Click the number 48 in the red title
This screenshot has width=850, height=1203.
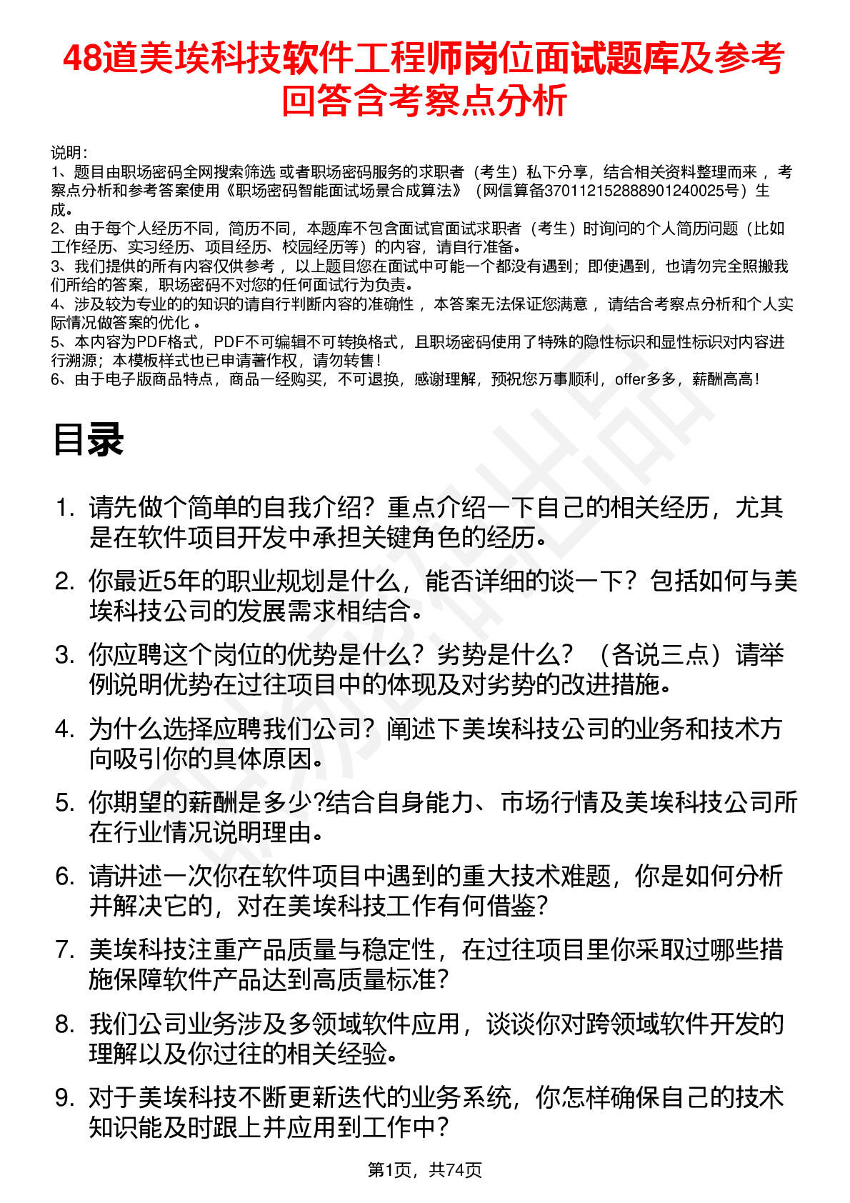(x=81, y=59)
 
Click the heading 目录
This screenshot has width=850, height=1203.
(x=88, y=439)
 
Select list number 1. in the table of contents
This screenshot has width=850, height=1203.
(x=65, y=509)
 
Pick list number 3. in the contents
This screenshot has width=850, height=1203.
(x=65, y=655)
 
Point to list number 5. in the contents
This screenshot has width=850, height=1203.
(x=65, y=803)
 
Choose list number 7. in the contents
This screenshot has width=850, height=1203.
(x=65, y=950)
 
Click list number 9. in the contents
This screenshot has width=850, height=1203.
(x=65, y=1098)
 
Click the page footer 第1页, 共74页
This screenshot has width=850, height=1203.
(x=424, y=1170)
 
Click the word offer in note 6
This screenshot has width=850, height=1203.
(x=629, y=379)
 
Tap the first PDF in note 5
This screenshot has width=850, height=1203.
(x=151, y=342)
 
